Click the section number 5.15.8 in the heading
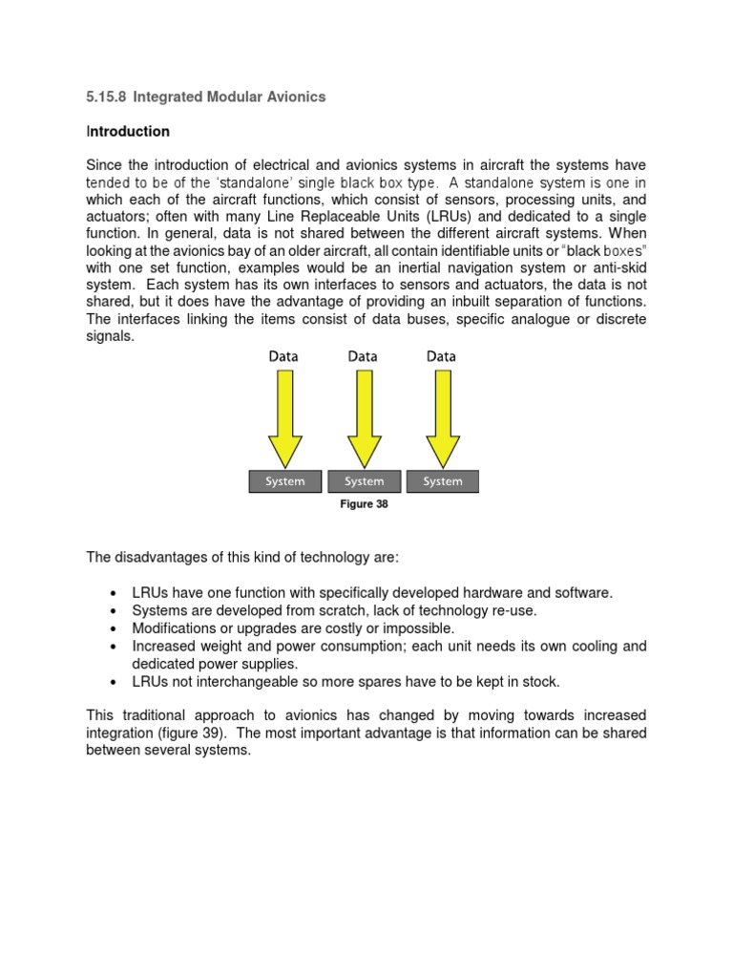(x=106, y=96)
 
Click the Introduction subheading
(x=128, y=131)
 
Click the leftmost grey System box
(x=285, y=481)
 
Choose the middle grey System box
(x=364, y=481)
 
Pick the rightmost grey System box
(x=442, y=481)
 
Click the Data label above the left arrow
(x=283, y=356)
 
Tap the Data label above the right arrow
(x=441, y=356)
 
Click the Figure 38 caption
(x=364, y=504)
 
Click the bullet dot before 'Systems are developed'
(x=115, y=611)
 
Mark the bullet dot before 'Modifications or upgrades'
(x=115, y=629)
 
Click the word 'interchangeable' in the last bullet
(x=240, y=682)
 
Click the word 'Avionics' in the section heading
(x=297, y=96)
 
